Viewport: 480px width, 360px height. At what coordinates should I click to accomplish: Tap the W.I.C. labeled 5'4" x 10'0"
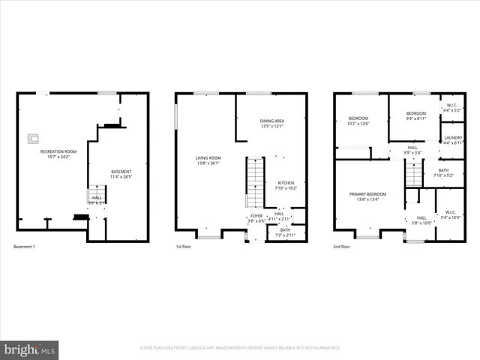point(450,215)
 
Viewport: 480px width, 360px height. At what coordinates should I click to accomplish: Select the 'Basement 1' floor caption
point(24,247)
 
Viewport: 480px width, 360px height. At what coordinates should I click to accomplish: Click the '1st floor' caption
point(184,247)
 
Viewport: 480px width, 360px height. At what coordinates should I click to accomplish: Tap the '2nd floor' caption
point(342,247)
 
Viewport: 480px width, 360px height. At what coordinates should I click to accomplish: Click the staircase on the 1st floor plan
point(255,181)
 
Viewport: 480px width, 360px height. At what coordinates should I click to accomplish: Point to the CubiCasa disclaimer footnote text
point(240,348)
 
